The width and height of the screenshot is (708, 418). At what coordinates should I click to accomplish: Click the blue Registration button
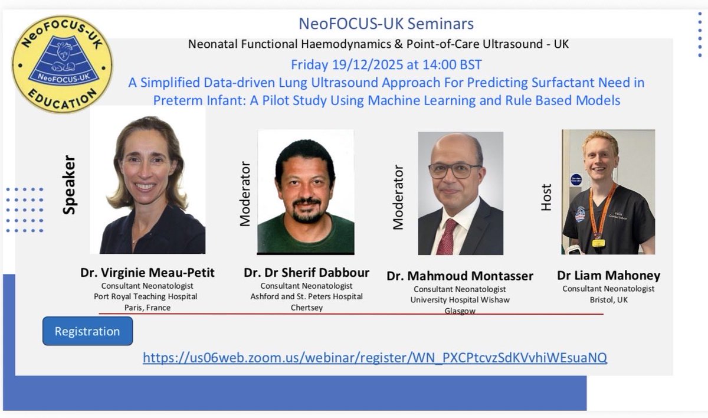point(87,331)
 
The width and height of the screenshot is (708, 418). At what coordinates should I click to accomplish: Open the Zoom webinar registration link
point(375,357)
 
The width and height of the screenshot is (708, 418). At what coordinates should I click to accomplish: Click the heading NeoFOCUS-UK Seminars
point(386,24)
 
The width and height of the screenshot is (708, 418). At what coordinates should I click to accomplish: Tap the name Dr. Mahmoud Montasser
point(460,276)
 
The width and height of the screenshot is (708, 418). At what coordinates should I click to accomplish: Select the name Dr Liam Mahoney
point(608,276)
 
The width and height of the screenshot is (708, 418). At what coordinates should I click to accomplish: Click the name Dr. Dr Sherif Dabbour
point(306,273)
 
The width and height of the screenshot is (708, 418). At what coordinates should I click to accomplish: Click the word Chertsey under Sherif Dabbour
point(306,308)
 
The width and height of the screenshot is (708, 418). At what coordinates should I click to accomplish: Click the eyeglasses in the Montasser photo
point(455,171)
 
